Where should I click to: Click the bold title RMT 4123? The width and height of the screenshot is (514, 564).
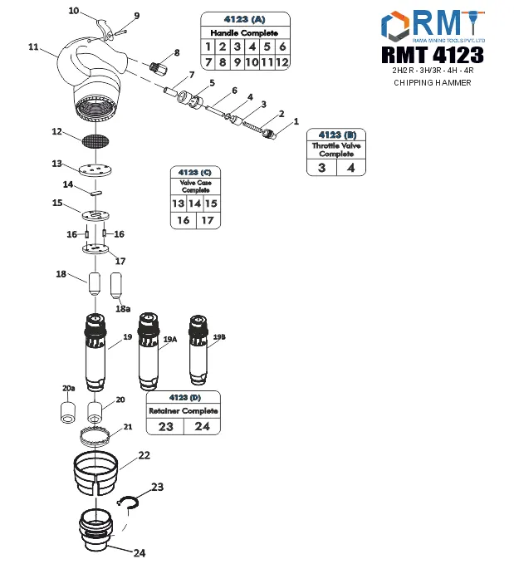(x=432, y=56)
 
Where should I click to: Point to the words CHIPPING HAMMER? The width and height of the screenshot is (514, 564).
(x=432, y=83)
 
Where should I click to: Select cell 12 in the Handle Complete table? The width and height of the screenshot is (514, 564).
(x=281, y=62)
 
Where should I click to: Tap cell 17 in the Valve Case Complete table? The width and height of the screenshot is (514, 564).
(x=208, y=220)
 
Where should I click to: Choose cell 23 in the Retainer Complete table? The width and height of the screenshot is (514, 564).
(x=164, y=426)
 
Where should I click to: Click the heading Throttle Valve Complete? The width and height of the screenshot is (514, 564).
(x=336, y=150)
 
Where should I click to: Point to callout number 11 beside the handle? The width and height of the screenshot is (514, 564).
(x=33, y=47)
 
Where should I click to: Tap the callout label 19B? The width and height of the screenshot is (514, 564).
(x=219, y=336)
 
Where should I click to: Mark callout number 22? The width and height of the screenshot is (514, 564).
(x=144, y=455)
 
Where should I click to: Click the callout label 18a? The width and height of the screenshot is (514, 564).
(x=122, y=308)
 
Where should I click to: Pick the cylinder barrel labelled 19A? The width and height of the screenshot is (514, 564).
(x=149, y=349)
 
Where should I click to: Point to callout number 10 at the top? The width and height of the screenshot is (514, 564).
(x=73, y=11)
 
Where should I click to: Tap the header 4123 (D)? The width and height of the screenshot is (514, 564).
(x=183, y=396)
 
